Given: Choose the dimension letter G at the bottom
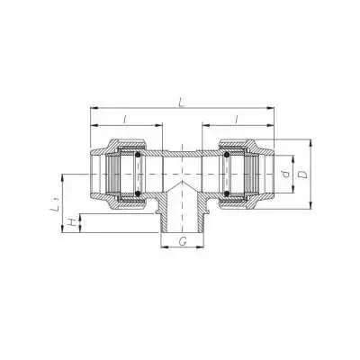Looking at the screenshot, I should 182,241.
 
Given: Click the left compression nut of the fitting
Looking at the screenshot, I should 117,175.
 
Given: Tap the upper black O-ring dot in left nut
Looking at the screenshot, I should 137,156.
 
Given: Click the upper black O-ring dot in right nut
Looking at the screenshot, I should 226,156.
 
